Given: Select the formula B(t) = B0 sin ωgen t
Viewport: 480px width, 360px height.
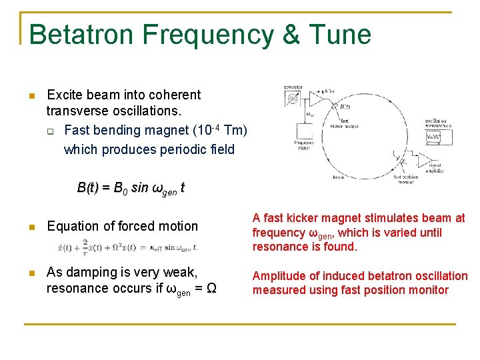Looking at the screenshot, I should coord(131,188).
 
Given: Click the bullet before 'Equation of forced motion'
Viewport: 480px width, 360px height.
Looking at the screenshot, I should coord(31,227).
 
